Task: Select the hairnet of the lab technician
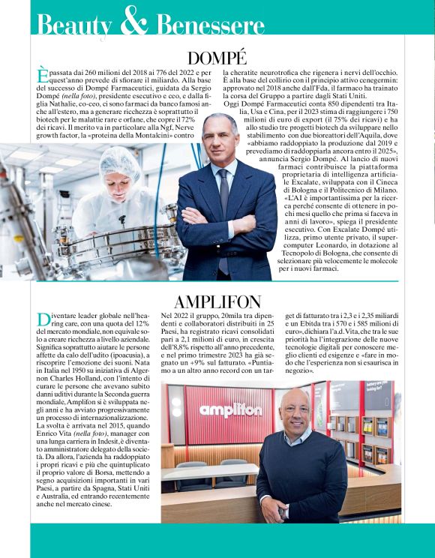coord(119,157)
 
